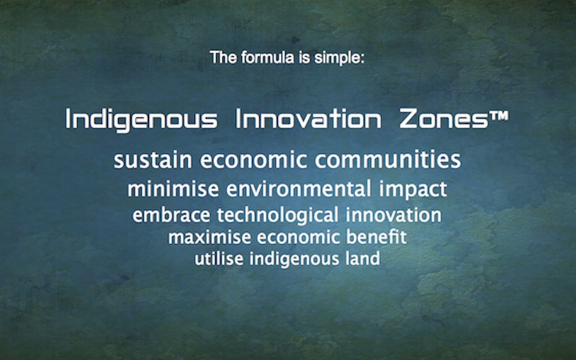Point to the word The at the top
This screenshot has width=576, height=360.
pos(223,58)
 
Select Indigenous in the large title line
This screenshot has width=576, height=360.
pos(141,119)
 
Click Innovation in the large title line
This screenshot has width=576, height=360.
pos(308,119)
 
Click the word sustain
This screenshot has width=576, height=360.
pos(153,160)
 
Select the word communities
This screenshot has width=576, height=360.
pos(387,159)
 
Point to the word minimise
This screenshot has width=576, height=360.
pos(173,189)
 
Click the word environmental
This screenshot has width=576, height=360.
pos(299,189)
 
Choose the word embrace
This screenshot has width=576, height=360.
pos(171,215)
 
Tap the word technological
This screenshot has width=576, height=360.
pos(277,215)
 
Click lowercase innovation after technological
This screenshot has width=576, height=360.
pos(393,215)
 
